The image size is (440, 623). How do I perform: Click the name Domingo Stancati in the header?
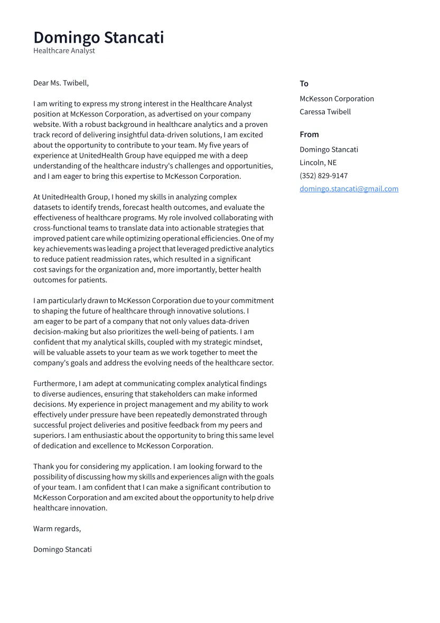[99, 38]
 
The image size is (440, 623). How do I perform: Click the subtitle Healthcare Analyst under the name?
[64, 51]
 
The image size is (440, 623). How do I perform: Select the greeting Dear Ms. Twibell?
[61, 83]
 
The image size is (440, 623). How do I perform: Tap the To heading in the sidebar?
[304, 84]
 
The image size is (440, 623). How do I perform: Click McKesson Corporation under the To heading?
[336, 99]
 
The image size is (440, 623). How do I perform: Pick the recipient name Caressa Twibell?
[325, 112]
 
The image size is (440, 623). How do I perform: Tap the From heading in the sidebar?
[309, 134]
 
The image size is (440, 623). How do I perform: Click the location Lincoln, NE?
[317, 162]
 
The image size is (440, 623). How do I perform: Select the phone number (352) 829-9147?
[323, 176]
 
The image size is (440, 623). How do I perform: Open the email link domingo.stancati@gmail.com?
[349, 189]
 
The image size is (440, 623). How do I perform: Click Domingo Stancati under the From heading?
[329, 150]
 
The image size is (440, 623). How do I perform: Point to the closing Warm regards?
[57, 528]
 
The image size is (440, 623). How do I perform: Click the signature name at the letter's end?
[62, 549]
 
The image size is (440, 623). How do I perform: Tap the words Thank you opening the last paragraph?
[50, 466]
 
